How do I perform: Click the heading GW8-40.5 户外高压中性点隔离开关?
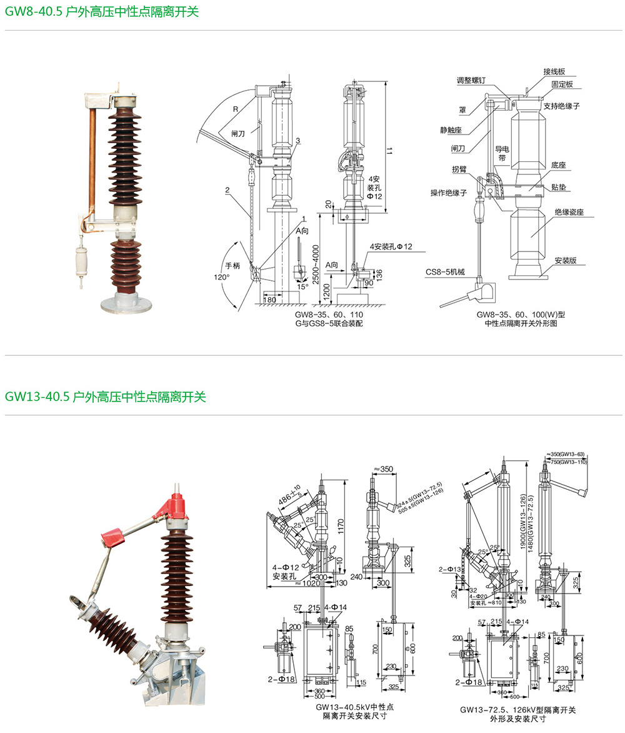(x=101, y=11)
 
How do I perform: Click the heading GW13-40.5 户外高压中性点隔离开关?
(x=105, y=397)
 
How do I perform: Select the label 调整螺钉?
(x=475, y=80)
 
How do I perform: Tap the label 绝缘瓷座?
(x=569, y=212)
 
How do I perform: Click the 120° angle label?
(x=222, y=276)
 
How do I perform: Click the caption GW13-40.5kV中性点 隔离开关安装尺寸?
(x=354, y=711)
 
